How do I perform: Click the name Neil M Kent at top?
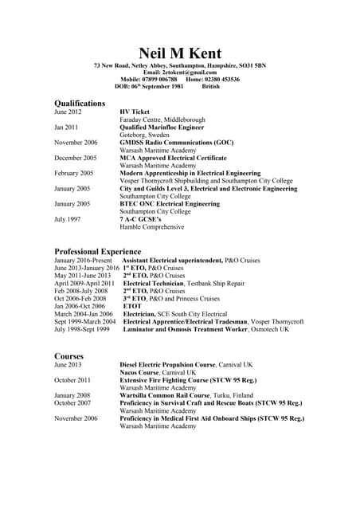[179, 53]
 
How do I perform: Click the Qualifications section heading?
[80, 104]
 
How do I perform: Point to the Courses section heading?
[69, 355]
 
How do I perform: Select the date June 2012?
[68, 112]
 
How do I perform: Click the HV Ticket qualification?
[135, 112]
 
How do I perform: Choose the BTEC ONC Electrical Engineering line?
[170, 204]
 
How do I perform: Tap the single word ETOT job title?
[132, 306]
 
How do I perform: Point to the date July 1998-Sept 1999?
[82, 329]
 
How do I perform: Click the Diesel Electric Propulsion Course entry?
[186, 364]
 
